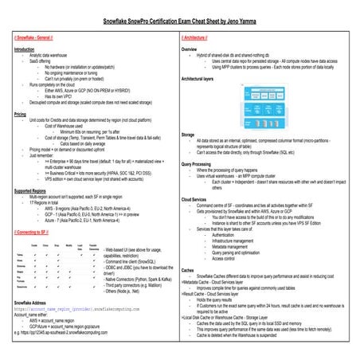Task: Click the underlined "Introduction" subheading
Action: pyautogui.click(x=26, y=49)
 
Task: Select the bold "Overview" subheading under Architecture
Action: pyautogui.click(x=193, y=49)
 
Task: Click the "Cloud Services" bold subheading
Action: pyautogui.click(x=198, y=198)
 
